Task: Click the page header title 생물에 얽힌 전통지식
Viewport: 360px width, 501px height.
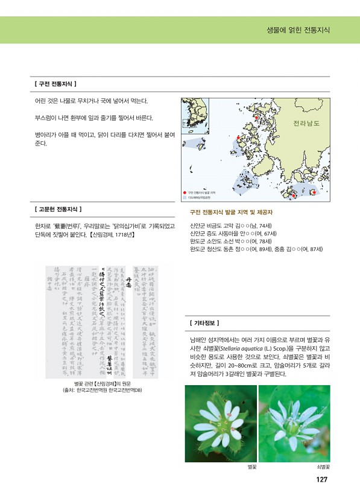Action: [298, 30]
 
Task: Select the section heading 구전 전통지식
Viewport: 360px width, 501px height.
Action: [56, 83]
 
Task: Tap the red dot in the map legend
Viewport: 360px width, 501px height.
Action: [185, 192]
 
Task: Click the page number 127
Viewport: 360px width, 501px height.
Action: [321, 480]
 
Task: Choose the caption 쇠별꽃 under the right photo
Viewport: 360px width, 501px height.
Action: [323, 468]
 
